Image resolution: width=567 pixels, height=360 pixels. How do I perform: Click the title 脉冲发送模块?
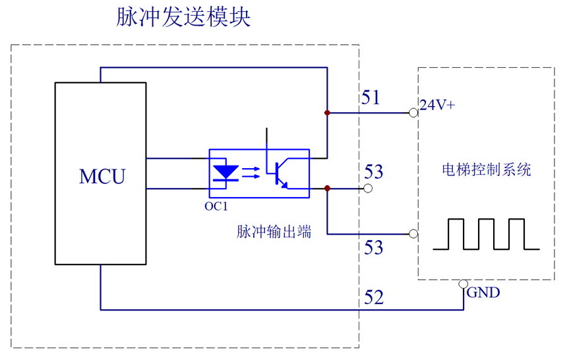[x=183, y=18]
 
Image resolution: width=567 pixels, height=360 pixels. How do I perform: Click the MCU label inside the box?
[x=102, y=177]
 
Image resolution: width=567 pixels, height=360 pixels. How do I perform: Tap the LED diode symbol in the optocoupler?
[x=225, y=173]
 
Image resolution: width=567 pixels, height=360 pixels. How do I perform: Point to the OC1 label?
[x=216, y=206]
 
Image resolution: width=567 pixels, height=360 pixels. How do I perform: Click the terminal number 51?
[x=371, y=98]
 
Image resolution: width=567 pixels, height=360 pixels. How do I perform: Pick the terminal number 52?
[x=373, y=298]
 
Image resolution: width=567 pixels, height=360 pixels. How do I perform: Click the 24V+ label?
[x=437, y=104]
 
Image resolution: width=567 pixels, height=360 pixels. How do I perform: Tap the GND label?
[x=483, y=293]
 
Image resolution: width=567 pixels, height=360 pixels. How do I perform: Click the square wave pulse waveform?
[x=486, y=234]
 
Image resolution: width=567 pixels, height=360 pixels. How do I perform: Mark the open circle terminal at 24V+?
[x=413, y=113]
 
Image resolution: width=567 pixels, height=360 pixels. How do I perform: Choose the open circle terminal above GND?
[x=463, y=284]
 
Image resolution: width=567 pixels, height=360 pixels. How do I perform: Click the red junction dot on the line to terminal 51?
[x=327, y=113]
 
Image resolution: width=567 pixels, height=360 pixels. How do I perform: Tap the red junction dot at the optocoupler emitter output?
[x=327, y=189]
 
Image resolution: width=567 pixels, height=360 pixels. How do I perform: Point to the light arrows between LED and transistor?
[x=251, y=173]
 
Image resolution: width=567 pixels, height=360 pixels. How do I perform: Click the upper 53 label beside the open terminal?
[x=373, y=172]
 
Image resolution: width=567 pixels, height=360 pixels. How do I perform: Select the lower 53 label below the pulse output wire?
[x=373, y=248]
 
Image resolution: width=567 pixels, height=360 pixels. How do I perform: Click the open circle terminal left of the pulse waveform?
[x=413, y=234]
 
